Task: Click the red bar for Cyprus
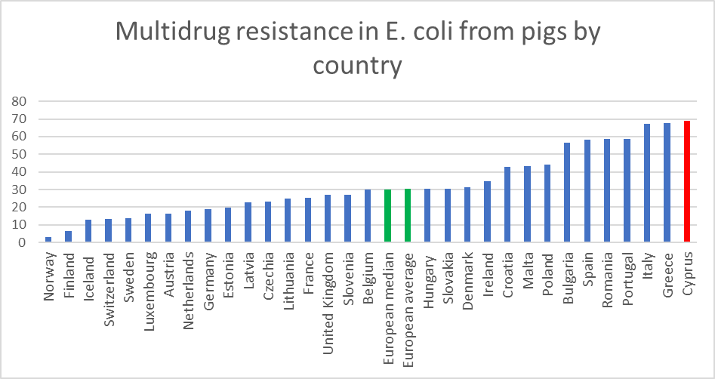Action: pyautogui.click(x=687, y=181)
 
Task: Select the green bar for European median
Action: pyautogui.click(x=387, y=216)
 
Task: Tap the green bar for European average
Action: pyautogui.click(x=407, y=215)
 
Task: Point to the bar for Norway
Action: pyautogui.click(x=48, y=239)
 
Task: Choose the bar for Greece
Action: pyautogui.click(x=667, y=183)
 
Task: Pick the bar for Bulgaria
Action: pyautogui.click(x=567, y=193)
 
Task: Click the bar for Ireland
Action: pyautogui.click(x=487, y=211)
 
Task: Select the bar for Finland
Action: pyautogui.click(x=69, y=237)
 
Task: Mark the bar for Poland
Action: pyautogui.click(x=547, y=203)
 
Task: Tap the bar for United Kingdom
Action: pyautogui.click(x=328, y=218)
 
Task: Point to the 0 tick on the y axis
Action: pyautogui.click(x=23, y=242)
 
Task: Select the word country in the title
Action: pyautogui.click(x=357, y=66)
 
